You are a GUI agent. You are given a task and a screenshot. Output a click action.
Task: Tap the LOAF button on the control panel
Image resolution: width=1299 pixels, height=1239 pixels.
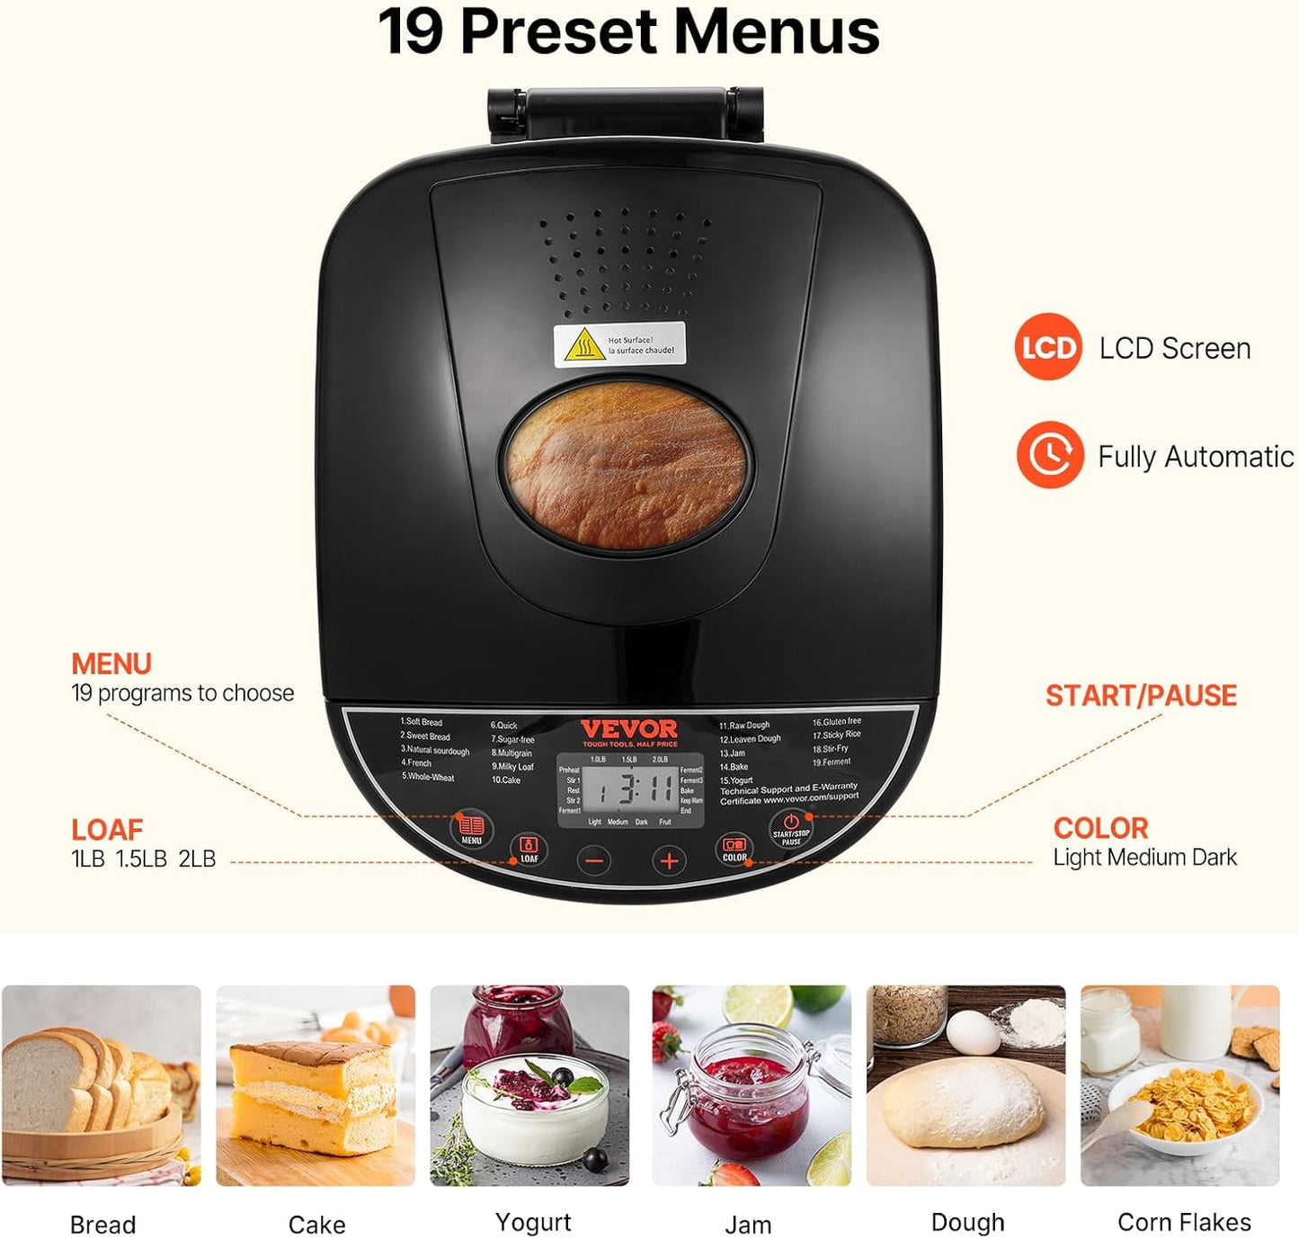529,849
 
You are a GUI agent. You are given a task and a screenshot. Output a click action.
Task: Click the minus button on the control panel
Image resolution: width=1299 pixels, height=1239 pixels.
594,860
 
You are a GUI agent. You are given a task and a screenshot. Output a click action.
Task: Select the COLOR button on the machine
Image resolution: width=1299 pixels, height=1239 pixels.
734,850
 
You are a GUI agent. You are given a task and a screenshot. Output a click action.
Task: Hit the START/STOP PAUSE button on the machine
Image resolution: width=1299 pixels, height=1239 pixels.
791,828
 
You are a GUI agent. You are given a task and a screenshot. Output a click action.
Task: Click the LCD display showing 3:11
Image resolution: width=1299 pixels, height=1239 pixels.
630,790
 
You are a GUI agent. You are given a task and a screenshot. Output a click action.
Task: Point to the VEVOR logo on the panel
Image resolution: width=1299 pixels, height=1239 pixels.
629,729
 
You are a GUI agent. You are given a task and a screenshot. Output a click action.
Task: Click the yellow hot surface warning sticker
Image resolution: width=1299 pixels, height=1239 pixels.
619,344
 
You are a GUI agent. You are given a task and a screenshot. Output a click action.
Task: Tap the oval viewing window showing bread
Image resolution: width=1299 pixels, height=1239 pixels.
626,464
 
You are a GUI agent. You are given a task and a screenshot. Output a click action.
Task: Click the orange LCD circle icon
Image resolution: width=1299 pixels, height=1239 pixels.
1048,347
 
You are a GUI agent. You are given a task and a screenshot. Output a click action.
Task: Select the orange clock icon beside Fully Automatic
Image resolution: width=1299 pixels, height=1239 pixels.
1049,455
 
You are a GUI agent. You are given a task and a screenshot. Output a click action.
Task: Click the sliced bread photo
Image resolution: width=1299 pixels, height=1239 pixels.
102,1085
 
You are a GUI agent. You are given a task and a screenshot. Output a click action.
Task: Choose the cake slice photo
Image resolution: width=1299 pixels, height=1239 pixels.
316,1085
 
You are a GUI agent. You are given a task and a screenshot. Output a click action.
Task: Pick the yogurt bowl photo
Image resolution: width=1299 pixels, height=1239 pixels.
529,1085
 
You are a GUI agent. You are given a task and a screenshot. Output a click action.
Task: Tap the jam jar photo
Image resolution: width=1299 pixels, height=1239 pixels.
752,1085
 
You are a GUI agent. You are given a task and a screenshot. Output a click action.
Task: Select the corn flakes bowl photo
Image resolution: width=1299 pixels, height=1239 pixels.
1179,1085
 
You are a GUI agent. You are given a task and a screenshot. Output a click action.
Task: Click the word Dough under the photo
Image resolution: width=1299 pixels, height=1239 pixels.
967,1222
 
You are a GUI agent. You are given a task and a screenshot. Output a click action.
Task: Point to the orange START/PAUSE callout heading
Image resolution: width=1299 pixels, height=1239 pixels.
1141,695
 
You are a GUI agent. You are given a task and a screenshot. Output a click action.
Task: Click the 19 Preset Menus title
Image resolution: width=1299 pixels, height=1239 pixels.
628,32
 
